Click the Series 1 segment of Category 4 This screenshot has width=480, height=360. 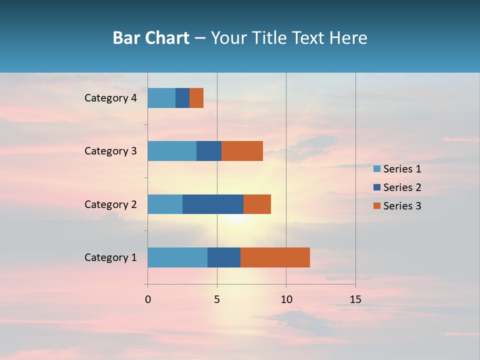point(161,98)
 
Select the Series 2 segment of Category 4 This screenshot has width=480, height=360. point(182,98)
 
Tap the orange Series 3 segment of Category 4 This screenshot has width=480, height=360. point(196,98)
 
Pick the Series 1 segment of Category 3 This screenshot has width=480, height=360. point(172,151)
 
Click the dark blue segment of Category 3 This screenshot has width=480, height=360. point(209,151)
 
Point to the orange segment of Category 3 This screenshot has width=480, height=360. point(242,151)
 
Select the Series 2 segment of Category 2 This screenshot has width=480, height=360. point(213,204)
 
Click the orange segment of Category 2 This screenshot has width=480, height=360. point(257,204)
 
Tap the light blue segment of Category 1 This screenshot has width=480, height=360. point(177,257)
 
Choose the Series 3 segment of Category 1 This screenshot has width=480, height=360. point(275,257)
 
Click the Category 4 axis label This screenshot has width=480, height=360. point(110,98)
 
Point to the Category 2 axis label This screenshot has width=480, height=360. point(110,204)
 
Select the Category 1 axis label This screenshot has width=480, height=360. point(110,257)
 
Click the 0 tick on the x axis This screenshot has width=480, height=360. point(148,299)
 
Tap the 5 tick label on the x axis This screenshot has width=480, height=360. point(217,299)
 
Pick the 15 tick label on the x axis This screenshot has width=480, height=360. point(355,299)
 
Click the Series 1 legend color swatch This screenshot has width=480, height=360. point(376,169)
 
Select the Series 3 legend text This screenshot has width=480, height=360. point(402,206)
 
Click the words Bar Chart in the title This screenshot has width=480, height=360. point(151,38)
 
